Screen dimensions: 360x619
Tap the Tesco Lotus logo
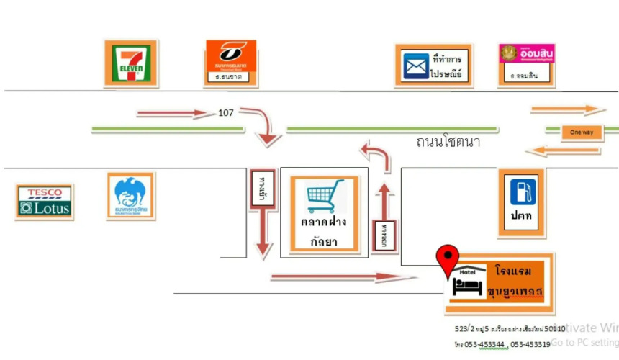point(44,202)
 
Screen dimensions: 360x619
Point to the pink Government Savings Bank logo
point(526,55)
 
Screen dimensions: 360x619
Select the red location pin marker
point(449,259)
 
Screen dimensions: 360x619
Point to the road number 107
point(226,112)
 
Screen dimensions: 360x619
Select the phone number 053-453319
point(531,344)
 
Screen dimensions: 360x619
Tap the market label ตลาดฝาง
point(324,222)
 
